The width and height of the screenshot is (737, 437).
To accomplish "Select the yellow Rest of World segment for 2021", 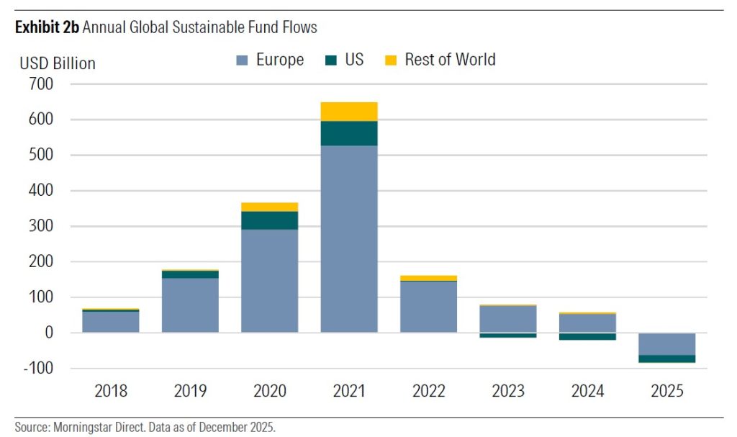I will (x=349, y=112).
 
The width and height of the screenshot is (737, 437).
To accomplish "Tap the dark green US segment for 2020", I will (x=269, y=220).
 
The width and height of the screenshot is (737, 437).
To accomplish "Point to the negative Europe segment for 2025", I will (x=666, y=344).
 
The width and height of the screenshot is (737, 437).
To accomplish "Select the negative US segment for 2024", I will (x=587, y=336).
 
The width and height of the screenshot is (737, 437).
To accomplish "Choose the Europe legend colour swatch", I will (x=242, y=60).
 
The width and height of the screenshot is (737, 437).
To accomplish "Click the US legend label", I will (x=354, y=60).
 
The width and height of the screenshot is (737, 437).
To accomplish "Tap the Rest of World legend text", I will (x=450, y=60).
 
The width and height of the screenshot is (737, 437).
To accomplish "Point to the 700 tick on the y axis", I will (x=42, y=84).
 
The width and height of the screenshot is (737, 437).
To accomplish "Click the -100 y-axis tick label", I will (x=40, y=369).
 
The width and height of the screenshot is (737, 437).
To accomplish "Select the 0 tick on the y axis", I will (x=49, y=333).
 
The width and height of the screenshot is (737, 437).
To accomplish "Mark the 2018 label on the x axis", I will (x=111, y=392).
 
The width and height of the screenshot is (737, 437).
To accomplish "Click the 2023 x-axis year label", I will (x=508, y=392).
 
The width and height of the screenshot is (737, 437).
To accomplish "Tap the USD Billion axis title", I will (x=58, y=63).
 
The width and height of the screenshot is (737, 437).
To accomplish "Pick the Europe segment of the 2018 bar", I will (x=111, y=322).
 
